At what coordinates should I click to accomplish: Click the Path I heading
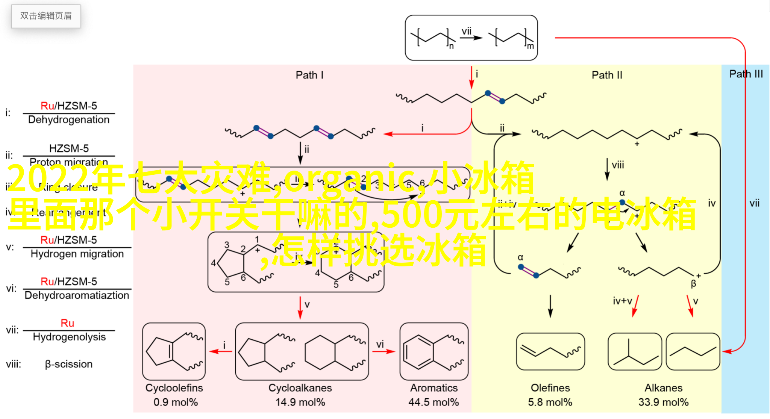309,75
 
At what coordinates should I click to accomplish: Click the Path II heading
607,75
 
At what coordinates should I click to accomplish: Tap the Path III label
746,74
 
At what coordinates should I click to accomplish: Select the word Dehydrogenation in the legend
69,120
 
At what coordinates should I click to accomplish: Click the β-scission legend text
68,364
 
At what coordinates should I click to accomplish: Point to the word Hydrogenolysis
69,337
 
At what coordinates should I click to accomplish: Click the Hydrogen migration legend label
77,254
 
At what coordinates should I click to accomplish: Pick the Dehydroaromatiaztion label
77,295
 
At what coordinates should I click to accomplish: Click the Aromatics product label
434,388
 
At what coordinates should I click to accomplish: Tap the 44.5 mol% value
434,402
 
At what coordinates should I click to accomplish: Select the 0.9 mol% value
176,402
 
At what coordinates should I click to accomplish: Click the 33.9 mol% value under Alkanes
663,402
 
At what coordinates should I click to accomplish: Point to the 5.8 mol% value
550,402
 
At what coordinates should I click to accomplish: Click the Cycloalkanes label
300,388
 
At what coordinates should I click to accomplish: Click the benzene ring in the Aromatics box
418,352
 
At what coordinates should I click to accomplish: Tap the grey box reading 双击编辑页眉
46,16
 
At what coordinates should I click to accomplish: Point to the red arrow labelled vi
383,351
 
